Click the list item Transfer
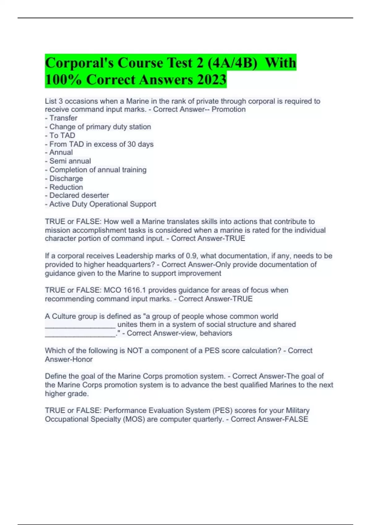[x=63, y=118]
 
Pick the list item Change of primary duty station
[x=100, y=127]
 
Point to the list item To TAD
[x=62, y=135]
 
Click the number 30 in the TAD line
[x=131, y=144]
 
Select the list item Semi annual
[x=70, y=161]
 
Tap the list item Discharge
[x=66, y=178]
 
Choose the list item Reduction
[x=66, y=187]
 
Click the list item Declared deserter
[x=79, y=195]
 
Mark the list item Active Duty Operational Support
[x=102, y=204]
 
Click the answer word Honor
[x=83, y=359]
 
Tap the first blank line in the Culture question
[x=80, y=325]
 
